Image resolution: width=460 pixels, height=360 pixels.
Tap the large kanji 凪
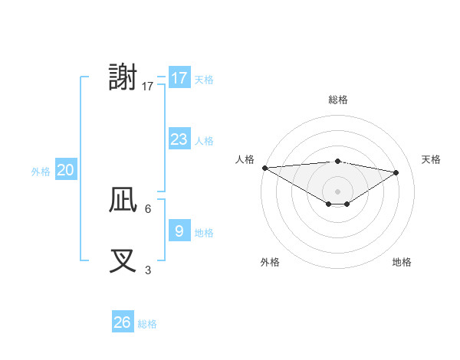[x=123, y=200]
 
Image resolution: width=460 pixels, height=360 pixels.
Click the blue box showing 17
[x=179, y=78]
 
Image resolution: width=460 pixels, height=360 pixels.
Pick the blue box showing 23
[x=179, y=139]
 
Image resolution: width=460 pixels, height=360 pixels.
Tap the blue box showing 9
[x=179, y=231]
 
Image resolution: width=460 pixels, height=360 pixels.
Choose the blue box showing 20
[x=65, y=170]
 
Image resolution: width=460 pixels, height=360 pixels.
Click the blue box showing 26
[x=122, y=322]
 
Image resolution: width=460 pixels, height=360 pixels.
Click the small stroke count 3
[x=148, y=270]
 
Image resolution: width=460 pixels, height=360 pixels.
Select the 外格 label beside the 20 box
[x=41, y=172]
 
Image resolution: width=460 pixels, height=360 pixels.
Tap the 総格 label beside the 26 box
[x=147, y=324]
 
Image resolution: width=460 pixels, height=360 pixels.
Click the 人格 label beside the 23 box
[x=204, y=141]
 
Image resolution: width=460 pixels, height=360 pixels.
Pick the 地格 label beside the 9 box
[x=204, y=233]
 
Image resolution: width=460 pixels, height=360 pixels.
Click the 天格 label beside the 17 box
[x=204, y=80]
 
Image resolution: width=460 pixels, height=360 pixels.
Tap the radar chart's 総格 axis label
[x=337, y=100]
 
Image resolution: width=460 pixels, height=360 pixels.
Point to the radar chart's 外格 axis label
[x=270, y=262]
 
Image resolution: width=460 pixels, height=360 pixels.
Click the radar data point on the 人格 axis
[x=264, y=168]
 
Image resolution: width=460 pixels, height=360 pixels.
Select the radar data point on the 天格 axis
[x=396, y=172]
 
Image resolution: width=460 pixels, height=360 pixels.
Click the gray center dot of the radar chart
[x=337, y=190]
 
